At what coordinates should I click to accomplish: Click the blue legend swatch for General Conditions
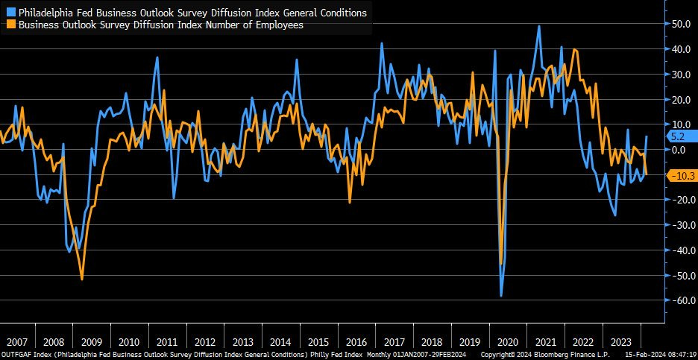(x=10, y=13)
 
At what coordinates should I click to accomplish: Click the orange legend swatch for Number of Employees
(x=10, y=24)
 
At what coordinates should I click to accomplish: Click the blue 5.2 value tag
(x=679, y=137)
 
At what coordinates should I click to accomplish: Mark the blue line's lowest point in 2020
(x=501, y=296)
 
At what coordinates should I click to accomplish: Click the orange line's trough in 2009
(x=82, y=280)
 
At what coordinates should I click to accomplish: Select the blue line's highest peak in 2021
(x=539, y=26)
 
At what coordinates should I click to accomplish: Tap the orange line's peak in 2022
(x=573, y=50)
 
